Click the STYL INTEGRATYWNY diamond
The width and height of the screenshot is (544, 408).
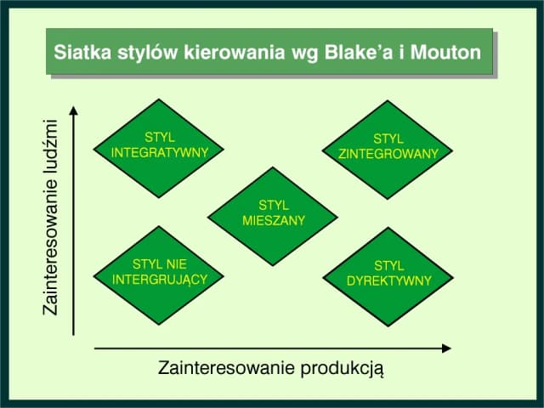click(160, 149)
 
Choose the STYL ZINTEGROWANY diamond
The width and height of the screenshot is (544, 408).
click(388, 149)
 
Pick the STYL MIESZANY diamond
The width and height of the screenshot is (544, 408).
click(274, 215)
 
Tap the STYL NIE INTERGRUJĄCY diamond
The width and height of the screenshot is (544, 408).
click(160, 274)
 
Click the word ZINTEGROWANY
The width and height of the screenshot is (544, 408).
click(388, 155)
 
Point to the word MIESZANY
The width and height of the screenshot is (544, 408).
click(274, 221)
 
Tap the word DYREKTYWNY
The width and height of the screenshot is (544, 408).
click(389, 281)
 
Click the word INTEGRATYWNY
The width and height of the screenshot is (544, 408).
click(160, 153)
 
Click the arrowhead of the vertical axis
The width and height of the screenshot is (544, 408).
click(75, 110)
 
